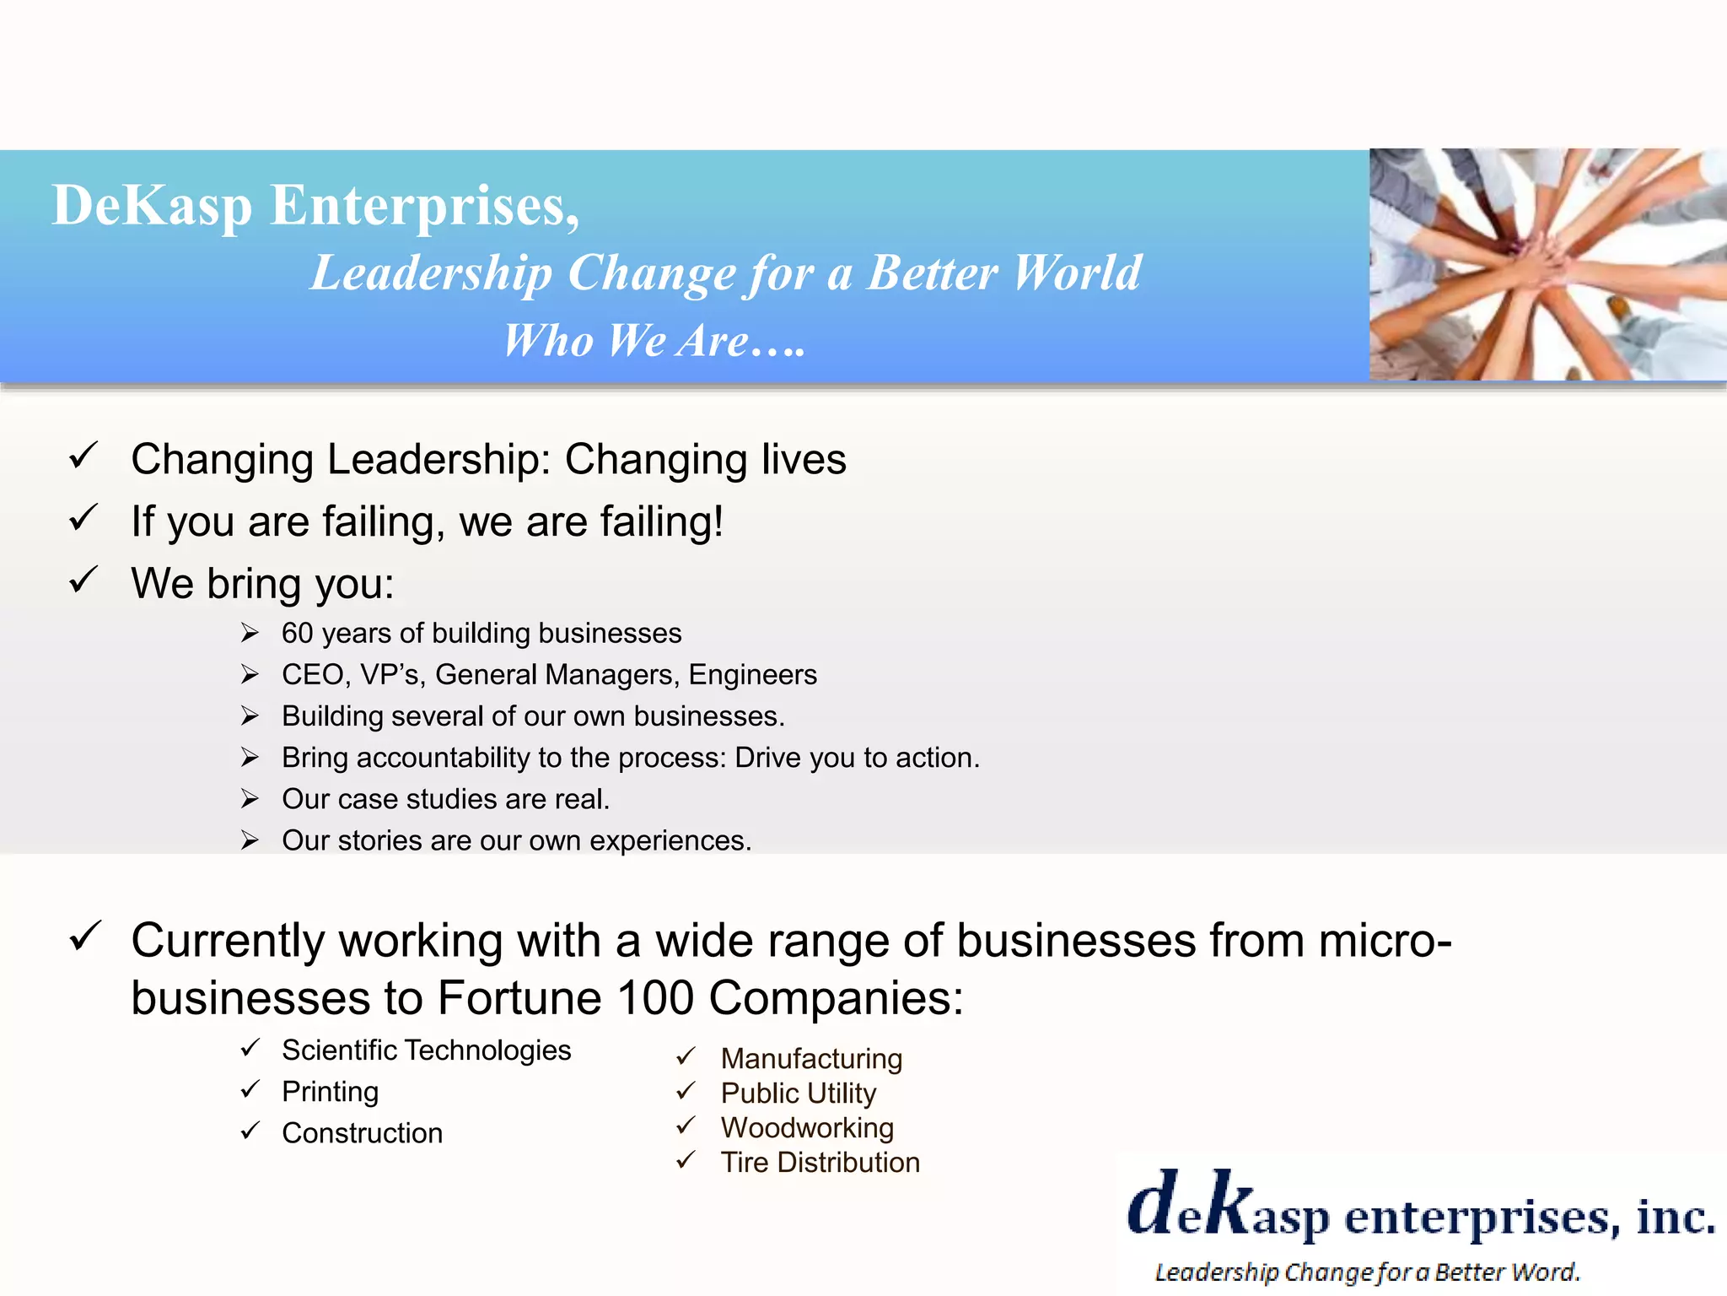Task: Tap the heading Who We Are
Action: click(654, 341)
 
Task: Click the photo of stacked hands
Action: click(1547, 264)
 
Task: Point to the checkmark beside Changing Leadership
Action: click(84, 456)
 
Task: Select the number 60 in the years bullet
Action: click(297, 633)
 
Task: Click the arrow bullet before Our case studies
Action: click(250, 798)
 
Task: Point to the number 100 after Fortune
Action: click(655, 997)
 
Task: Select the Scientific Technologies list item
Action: click(426, 1050)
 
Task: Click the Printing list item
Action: click(330, 1092)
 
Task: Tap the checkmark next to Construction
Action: click(250, 1131)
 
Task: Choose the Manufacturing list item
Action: click(811, 1059)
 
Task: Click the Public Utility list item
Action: click(798, 1093)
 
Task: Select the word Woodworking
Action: click(807, 1128)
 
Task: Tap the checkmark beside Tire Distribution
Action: click(686, 1161)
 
